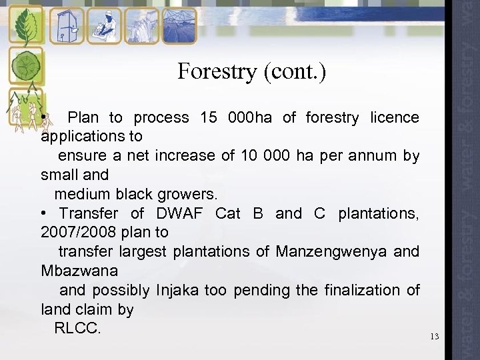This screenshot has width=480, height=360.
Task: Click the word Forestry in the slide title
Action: tap(217, 71)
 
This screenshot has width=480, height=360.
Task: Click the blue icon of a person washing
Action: tap(104, 25)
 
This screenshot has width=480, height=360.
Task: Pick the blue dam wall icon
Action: tap(141, 25)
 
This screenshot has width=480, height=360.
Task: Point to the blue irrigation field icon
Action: tap(179, 25)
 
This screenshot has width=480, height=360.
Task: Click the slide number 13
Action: tap(435, 336)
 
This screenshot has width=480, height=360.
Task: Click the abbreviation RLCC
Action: tap(77, 329)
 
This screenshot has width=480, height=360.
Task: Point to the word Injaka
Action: tap(178, 290)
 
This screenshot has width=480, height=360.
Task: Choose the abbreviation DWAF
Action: tap(181, 213)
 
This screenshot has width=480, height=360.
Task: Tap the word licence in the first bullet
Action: tap(395, 118)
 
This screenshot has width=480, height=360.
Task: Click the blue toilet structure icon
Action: tap(67, 25)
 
